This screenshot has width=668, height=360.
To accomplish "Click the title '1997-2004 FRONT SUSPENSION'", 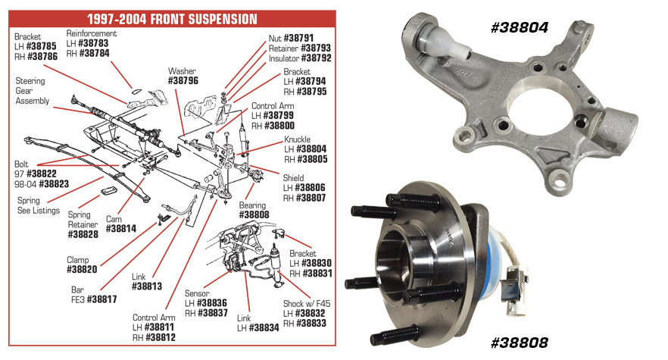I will pyautogui.click(x=172, y=18).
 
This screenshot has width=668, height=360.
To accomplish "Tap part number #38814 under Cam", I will pyautogui.click(x=121, y=228).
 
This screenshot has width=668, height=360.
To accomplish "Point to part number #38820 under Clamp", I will pyautogui.click(x=83, y=269).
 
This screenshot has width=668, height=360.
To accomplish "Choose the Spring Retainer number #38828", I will pyautogui.click(x=83, y=235).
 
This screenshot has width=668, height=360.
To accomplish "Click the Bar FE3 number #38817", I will pyautogui.click(x=101, y=299).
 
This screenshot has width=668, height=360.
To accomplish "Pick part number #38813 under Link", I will pyautogui.click(x=147, y=286).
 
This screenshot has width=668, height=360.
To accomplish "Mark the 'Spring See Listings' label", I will pyautogui.click(x=39, y=205).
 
